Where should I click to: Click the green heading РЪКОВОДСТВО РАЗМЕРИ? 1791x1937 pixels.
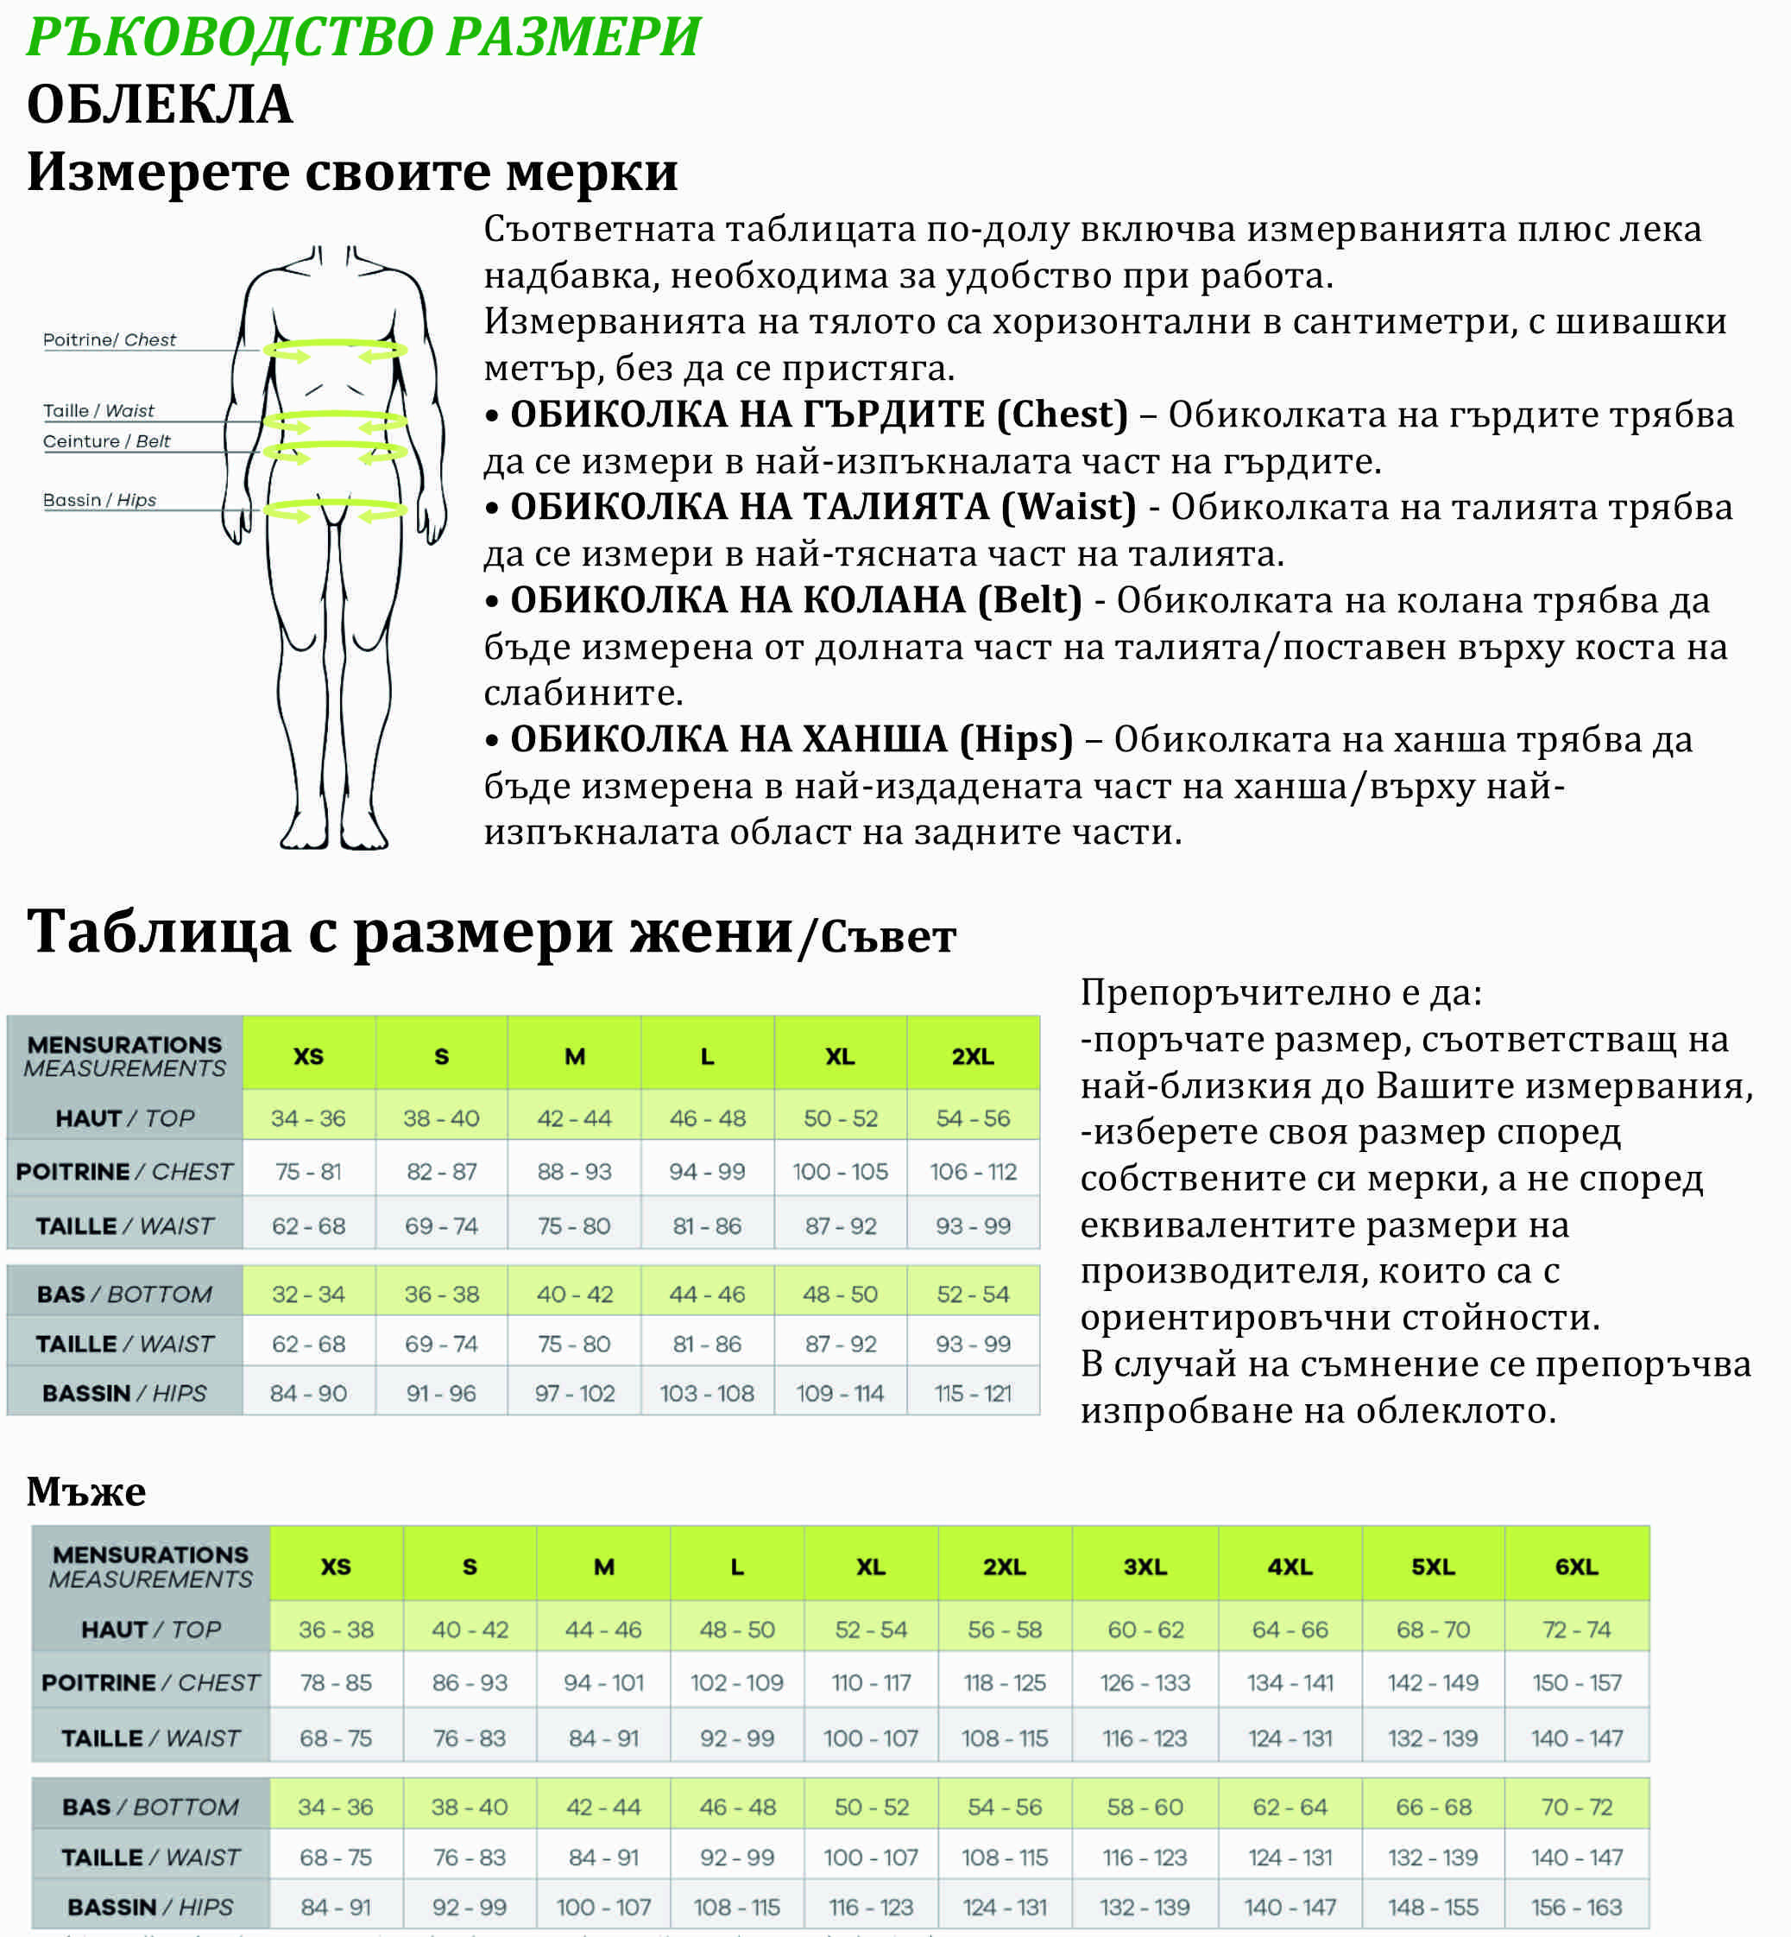tap(363, 37)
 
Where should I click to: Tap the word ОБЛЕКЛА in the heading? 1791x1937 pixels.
tap(159, 104)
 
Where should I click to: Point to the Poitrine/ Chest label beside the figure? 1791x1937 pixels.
tap(110, 339)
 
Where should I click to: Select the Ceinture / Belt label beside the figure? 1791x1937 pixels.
tap(107, 441)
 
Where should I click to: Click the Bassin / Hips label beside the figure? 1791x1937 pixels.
tap(100, 500)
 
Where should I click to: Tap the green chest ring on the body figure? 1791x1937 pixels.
tap(334, 349)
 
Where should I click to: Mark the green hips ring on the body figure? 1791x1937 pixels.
tap(334, 509)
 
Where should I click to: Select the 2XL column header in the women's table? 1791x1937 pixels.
tap(972, 1057)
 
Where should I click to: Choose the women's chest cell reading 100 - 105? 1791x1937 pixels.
tap(839, 1171)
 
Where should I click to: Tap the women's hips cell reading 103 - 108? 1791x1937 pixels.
tap(707, 1393)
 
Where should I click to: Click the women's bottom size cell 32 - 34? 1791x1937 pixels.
tap(308, 1294)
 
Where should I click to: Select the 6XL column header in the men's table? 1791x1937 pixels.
tap(1576, 1567)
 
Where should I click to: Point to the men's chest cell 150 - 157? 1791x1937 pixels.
tap(1576, 1682)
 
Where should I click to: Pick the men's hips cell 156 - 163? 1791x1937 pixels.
tap(1576, 1907)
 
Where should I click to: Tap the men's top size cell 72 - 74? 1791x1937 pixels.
tap(1576, 1630)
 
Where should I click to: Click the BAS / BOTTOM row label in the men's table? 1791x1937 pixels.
tap(150, 1807)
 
